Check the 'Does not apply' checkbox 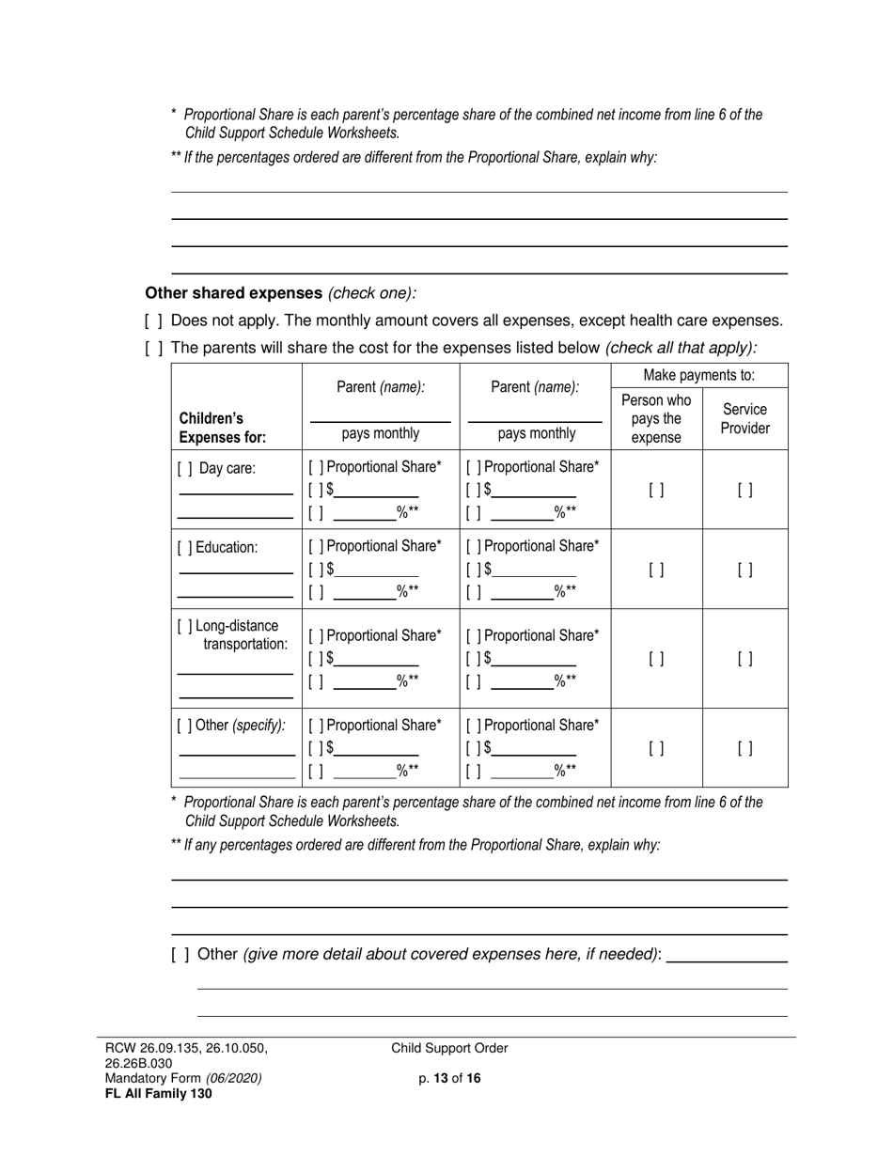coord(154,321)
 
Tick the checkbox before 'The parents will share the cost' coord(154,348)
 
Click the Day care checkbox coord(185,468)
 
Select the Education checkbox coord(185,547)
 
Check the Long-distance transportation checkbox coord(185,627)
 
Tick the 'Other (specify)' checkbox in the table coord(185,726)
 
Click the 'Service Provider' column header coord(744,419)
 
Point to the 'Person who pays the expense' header coord(656,419)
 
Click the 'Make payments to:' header coord(699,376)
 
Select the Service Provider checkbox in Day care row coord(744,490)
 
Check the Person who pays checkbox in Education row coord(656,570)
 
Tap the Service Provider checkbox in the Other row coord(744,749)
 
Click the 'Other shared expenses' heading coord(233,293)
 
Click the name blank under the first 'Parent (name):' coord(380,414)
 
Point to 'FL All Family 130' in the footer coord(159,1093)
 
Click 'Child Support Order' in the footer coord(449,1049)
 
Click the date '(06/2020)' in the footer coord(234,1079)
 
